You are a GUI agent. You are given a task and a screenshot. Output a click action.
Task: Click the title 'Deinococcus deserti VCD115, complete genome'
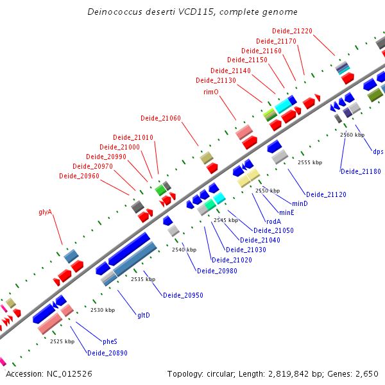coord(192,12)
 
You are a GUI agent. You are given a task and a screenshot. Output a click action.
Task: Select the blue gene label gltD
coord(144,315)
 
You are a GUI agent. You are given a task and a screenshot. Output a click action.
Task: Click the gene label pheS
coord(110,341)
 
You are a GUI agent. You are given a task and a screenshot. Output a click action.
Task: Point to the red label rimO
coord(211,92)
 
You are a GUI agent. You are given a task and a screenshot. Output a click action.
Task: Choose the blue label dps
coord(378,152)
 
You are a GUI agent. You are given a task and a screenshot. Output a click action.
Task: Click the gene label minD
coord(300,203)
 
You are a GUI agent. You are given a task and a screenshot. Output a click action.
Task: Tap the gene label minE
coord(287,212)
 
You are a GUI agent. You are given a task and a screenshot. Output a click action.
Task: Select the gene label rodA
coord(273,221)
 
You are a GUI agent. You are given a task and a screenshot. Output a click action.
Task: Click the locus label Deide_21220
coord(292,31)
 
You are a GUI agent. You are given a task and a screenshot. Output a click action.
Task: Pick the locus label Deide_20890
coord(107,353)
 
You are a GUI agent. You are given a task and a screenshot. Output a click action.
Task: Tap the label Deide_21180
coord(361,171)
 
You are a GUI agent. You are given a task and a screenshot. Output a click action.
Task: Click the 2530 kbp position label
coord(103,310)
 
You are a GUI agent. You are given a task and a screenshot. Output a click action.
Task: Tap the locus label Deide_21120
coord(326,194)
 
